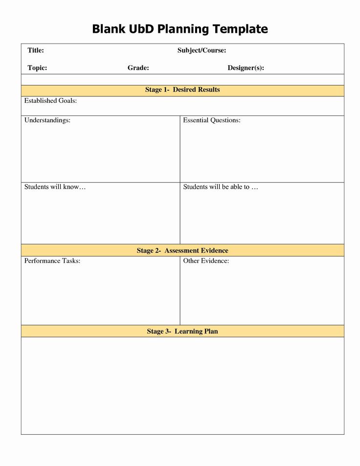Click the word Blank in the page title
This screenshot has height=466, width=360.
(x=107, y=29)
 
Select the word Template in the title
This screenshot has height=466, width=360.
(x=240, y=29)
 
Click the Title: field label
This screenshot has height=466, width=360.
(x=36, y=50)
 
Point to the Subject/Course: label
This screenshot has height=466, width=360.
(x=202, y=50)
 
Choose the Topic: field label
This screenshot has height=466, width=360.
(x=37, y=68)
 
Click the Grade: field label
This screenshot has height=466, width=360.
(x=138, y=68)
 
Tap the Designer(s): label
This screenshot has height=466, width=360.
(x=246, y=68)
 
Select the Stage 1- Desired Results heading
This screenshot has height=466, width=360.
(x=182, y=90)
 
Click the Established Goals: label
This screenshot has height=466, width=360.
(x=50, y=101)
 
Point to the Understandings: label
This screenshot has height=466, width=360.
(x=47, y=120)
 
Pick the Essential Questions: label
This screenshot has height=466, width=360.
(x=212, y=120)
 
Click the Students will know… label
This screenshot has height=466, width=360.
(x=55, y=187)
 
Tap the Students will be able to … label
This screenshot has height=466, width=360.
(x=220, y=187)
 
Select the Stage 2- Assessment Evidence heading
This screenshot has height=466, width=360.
(x=182, y=251)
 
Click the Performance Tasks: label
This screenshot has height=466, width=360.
(x=52, y=261)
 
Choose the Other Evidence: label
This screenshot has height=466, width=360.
(x=206, y=261)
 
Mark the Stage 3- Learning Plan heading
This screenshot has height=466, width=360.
(x=182, y=331)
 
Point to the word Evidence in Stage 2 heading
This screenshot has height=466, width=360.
(x=214, y=251)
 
